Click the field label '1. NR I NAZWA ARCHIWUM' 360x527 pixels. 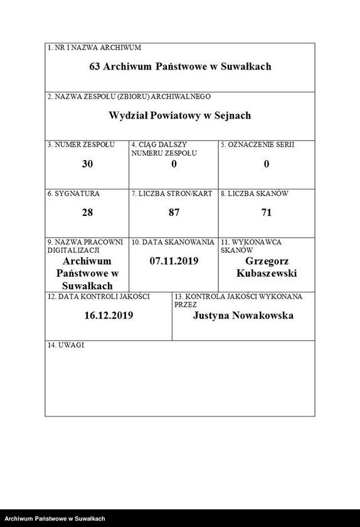coord(94,48)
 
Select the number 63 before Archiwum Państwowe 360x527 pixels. coord(95,66)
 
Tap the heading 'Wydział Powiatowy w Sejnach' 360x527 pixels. coord(180,115)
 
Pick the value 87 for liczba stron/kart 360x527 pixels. coord(174,213)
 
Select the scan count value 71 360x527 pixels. coord(267,213)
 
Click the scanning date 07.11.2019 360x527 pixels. coord(174,260)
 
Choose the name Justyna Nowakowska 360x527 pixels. coord(243,316)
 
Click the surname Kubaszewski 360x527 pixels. coord(267,274)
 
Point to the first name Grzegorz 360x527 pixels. coord(267,261)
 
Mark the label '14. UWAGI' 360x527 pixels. coord(66,345)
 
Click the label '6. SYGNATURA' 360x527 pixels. coord(73,194)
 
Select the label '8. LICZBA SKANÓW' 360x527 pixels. coord(253,194)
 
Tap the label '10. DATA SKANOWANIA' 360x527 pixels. coord(173,242)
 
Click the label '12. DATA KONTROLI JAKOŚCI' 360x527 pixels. coord(90,295)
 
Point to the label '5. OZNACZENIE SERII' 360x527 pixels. coord(258,145)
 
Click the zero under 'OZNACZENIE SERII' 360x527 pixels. coord(267,164)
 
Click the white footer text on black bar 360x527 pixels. coord(55,519)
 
